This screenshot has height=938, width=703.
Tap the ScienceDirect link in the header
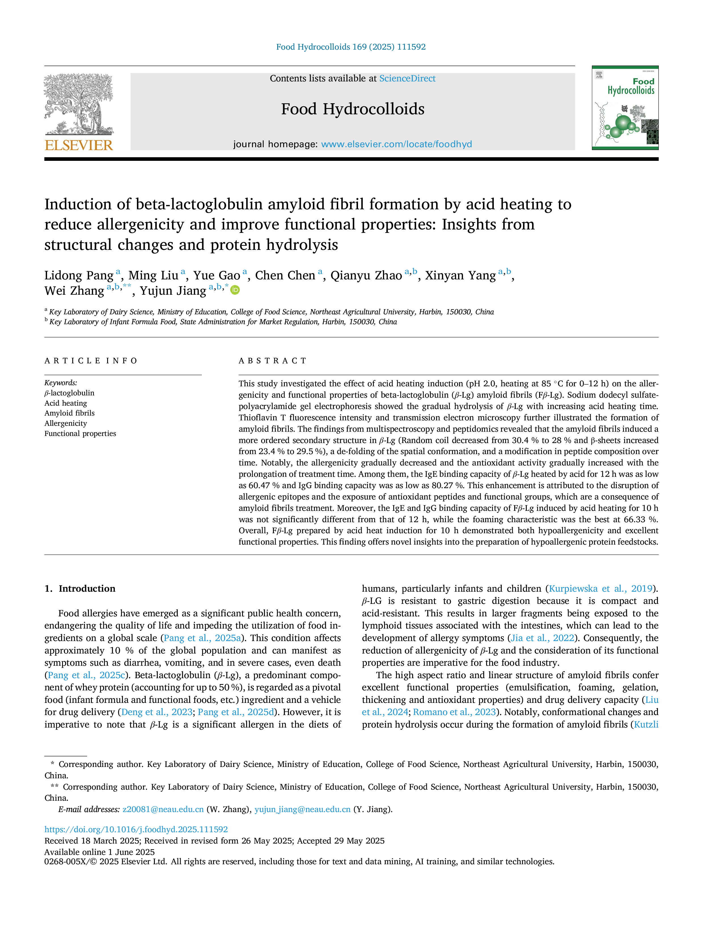407,79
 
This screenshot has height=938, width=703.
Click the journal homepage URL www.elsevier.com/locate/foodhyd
396,144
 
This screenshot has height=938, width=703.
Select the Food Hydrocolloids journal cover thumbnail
625,108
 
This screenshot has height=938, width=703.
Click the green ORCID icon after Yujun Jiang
235,290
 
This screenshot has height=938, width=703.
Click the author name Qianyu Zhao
366,276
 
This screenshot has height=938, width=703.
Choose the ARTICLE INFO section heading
91,361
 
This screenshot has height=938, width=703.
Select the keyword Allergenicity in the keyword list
66,423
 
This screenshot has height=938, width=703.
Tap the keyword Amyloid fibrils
69,413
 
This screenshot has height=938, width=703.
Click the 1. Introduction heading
80,589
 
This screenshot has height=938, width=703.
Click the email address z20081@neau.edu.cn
163,810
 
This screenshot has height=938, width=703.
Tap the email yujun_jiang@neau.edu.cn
302,810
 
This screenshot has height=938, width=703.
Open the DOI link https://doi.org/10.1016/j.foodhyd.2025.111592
136,829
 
